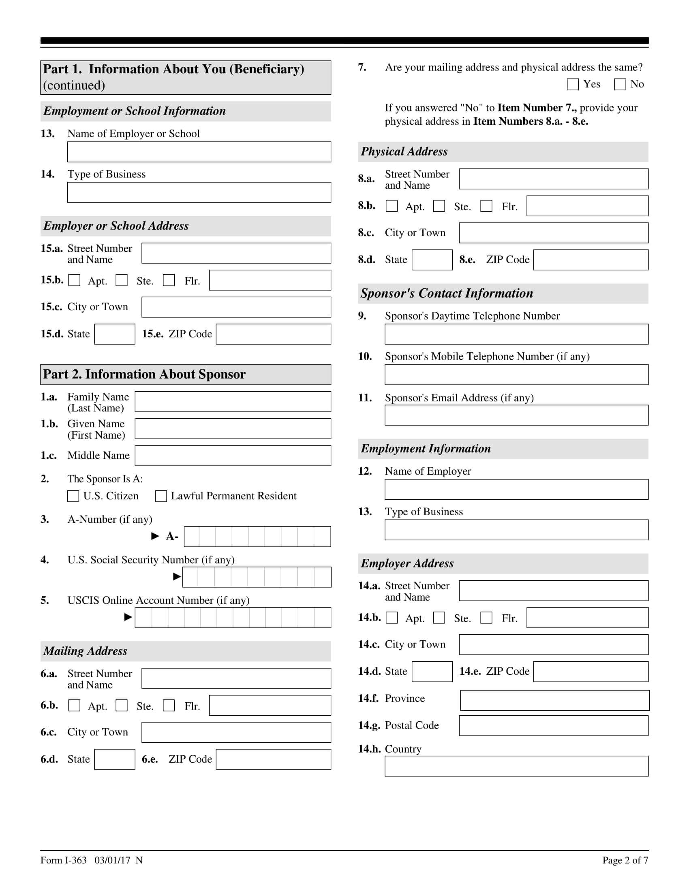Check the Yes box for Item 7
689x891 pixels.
coord(573,85)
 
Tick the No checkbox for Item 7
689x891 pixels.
coord(620,85)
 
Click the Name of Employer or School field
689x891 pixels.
coord(199,152)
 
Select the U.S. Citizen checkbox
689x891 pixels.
coord(73,496)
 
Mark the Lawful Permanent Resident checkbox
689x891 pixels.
coord(161,496)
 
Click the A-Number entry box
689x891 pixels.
coord(257,537)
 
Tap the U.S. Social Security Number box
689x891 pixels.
coord(256,577)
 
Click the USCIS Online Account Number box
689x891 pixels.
coord(233,617)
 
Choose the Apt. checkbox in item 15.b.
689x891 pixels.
coord(74,280)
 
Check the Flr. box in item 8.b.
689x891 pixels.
coord(486,206)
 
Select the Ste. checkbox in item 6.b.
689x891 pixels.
coord(122,706)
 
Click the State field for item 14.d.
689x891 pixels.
coord(432,671)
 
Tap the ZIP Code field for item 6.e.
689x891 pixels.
coord(273,759)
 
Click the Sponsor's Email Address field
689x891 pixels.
coord(516,415)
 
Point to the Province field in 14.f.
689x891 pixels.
coord(554,700)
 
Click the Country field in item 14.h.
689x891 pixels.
coord(516,766)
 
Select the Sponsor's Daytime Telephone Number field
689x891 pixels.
coord(516,334)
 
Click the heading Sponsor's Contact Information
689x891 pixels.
coord(447,293)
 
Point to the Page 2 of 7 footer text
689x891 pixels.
coord(625,860)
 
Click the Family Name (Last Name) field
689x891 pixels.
coord(233,402)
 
